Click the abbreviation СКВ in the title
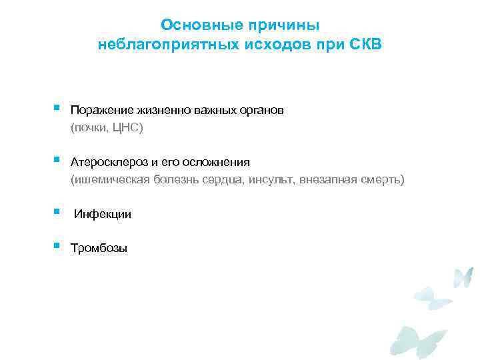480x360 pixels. [x=366, y=45]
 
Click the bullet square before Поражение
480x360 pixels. [x=57, y=107]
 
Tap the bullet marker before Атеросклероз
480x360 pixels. [x=57, y=160]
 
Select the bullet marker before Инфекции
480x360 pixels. [x=57, y=212]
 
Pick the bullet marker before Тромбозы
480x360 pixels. [x=57, y=247]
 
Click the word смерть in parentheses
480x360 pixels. [x=382, y=180]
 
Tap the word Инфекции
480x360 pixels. [x=102, y=215]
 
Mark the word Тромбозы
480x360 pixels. [x=99, y=249]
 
